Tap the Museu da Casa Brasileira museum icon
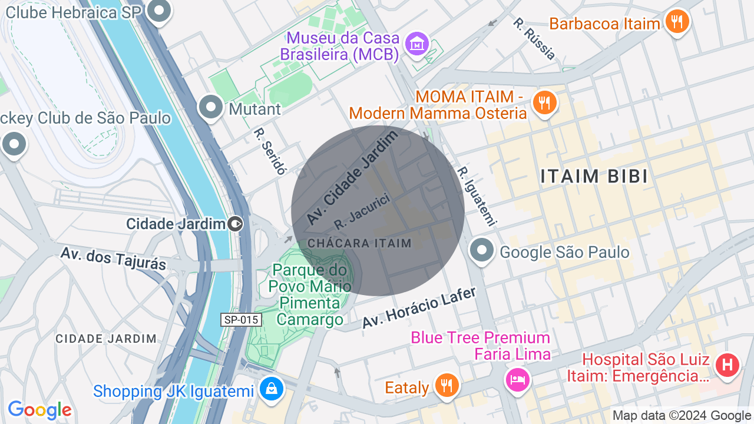coord(417,43)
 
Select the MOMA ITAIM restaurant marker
coord(544,103)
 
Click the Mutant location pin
coord(211,107)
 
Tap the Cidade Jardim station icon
coord(235,224)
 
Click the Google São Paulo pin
coord(482,251)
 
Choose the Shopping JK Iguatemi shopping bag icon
coord(272,389)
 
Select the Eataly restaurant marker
coord(447,386)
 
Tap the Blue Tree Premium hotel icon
coord(517,379)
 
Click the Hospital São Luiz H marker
coord(727,364)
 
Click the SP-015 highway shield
coord(241,320)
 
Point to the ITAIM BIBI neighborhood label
coord(594,176)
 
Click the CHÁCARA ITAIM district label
coord(359,243)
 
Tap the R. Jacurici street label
coord(362,211)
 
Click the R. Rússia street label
coord(534,39)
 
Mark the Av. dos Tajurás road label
coord(113,259)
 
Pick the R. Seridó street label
coord(270,151)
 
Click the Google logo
coord(39,410)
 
